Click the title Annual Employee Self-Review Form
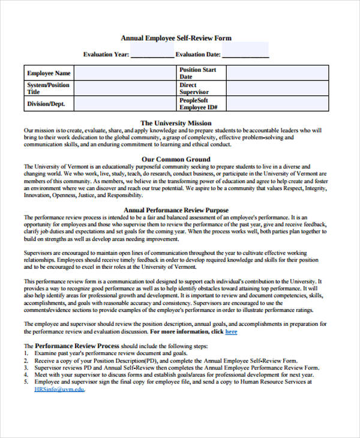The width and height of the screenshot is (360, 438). tap(176, 38)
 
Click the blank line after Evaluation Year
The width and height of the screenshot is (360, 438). tap(152, 55)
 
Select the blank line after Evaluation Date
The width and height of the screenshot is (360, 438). tap(245, 55)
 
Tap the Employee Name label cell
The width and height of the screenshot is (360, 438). tap(49, 73)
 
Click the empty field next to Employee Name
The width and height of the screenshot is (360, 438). tap(125, 73)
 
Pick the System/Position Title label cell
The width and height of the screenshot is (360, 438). tap(49, 89)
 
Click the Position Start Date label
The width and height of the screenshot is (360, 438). tap(198, 73)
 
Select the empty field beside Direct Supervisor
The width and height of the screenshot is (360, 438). tap(281, 89)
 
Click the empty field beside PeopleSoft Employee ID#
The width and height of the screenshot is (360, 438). tap(281, 104)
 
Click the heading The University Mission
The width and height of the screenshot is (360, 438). tap(176, 123)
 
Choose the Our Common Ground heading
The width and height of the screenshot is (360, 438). tap(176, 159)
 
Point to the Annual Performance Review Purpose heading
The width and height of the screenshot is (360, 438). tap(176, 210)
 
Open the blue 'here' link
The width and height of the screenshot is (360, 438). tap(231, 331)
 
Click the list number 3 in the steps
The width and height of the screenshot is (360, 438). tap(26, 368)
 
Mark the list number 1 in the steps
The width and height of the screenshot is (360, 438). tap(26, 354)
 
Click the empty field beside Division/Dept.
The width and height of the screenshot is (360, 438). tap(125, 104)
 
